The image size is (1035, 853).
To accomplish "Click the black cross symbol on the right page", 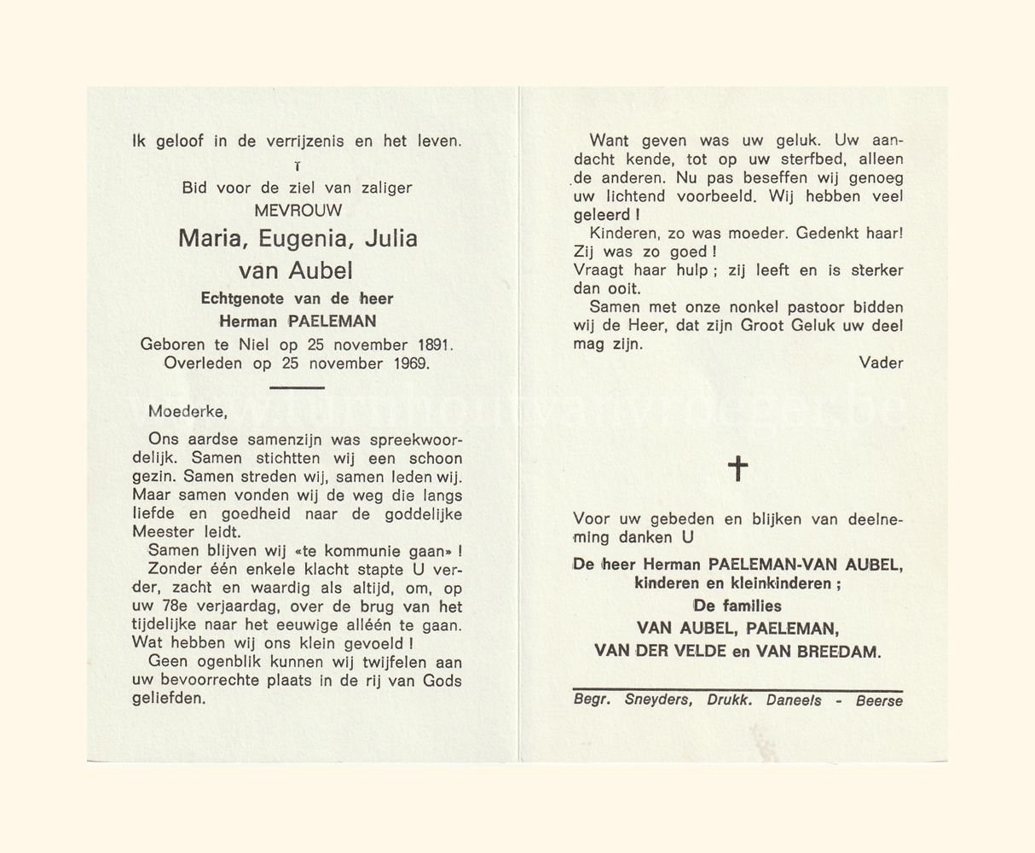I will click(x=738, y=467).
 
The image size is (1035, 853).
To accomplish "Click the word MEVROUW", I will click(x=298, y=210).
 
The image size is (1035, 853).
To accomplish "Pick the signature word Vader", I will click(x=881, y=363).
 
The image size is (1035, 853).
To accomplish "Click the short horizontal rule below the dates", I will click(x=296, y=387).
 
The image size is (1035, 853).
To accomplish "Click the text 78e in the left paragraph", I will click(x=164, y=607).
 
